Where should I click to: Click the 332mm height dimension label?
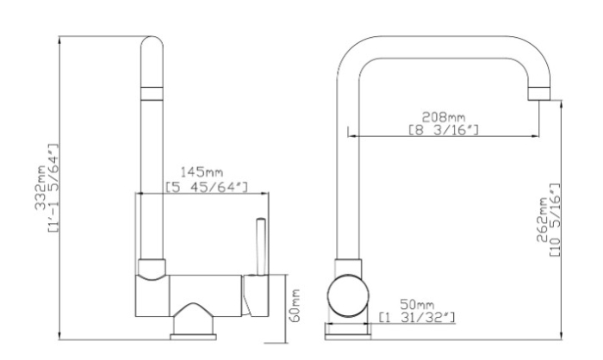[x=40, y=188]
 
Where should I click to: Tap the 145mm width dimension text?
[x=202, y=172]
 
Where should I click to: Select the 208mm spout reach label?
[x=444, y=116]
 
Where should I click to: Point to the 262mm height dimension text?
[x=542, y=220]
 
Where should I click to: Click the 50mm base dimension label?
[x=417, y=305]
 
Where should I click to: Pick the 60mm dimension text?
[x=295, y=306]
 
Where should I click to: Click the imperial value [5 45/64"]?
[x=207, y=187]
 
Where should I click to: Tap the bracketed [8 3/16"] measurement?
[x=444, y=130]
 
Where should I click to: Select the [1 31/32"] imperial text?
[x=417, y=318]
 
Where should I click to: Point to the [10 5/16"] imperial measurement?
[x=555, y=220]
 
